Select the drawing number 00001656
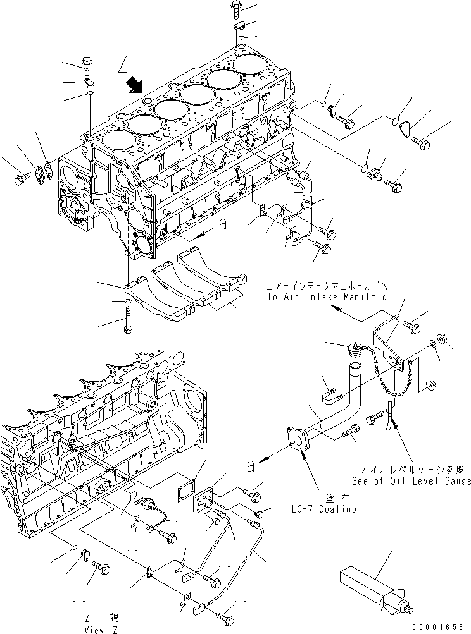441,626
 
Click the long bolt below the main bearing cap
129,319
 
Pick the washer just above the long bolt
129,300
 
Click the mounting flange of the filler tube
297,439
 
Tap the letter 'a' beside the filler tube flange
251,466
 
